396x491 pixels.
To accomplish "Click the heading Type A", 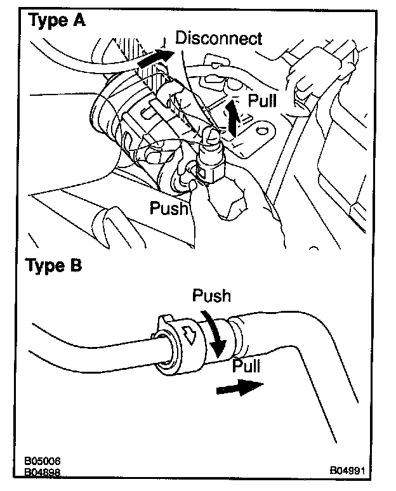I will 56,21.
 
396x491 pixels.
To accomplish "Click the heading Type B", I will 53,265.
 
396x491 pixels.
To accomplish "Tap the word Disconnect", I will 218,38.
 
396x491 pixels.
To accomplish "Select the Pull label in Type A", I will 262,100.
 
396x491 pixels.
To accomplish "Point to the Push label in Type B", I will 211,296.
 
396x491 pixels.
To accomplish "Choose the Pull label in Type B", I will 246,365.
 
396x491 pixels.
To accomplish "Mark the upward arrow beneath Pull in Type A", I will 234,119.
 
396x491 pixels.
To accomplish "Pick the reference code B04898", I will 43,472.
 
